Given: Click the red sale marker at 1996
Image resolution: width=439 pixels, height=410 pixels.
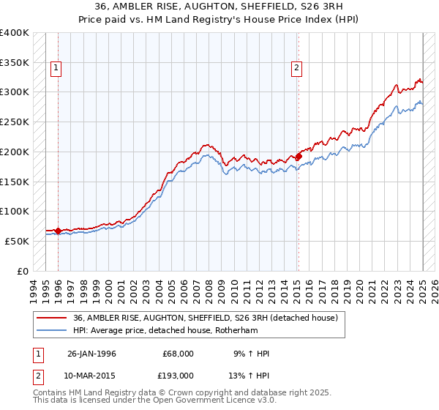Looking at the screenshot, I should [x=58, y=231].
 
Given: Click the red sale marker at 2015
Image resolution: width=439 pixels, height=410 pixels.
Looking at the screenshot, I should [x=299, y=156].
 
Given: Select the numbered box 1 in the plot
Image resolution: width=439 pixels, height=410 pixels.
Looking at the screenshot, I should [x=56, y=69].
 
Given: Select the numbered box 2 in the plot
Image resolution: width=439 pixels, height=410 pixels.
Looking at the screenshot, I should [x=296, y=69].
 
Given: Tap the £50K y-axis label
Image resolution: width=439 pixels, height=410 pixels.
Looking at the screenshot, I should [x=17, y=241].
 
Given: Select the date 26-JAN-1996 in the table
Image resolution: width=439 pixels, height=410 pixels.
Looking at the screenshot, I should [x=91, y=354].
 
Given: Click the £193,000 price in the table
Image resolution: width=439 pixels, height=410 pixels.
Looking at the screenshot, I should [x=178, y=375].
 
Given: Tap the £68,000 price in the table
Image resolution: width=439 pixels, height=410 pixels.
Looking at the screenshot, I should [x=178, y=354].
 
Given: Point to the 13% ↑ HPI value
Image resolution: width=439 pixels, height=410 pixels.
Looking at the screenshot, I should [x=250, y=375].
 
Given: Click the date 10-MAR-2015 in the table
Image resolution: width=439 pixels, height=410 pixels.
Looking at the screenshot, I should [x=91, y=375].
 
